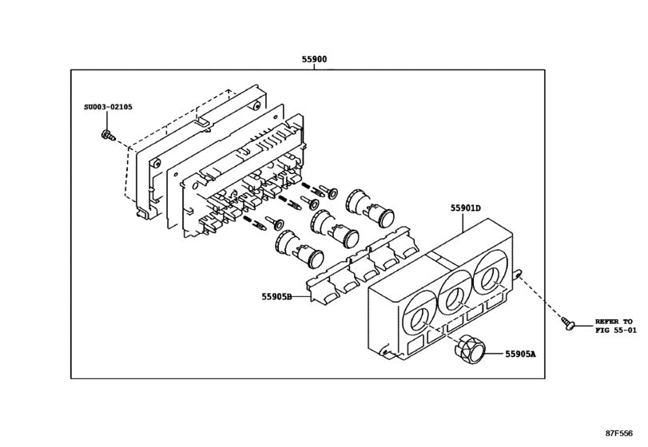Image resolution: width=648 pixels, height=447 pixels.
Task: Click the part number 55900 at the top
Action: (314, 59)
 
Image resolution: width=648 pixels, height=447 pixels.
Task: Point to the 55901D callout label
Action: (465, 208)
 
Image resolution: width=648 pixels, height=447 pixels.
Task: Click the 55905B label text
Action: (276, 297)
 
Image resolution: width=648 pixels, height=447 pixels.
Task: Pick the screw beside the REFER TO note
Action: (570, 324)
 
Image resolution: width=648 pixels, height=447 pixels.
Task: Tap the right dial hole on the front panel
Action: (489, 279)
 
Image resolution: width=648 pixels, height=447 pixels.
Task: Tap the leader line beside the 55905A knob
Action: (493, 353)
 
